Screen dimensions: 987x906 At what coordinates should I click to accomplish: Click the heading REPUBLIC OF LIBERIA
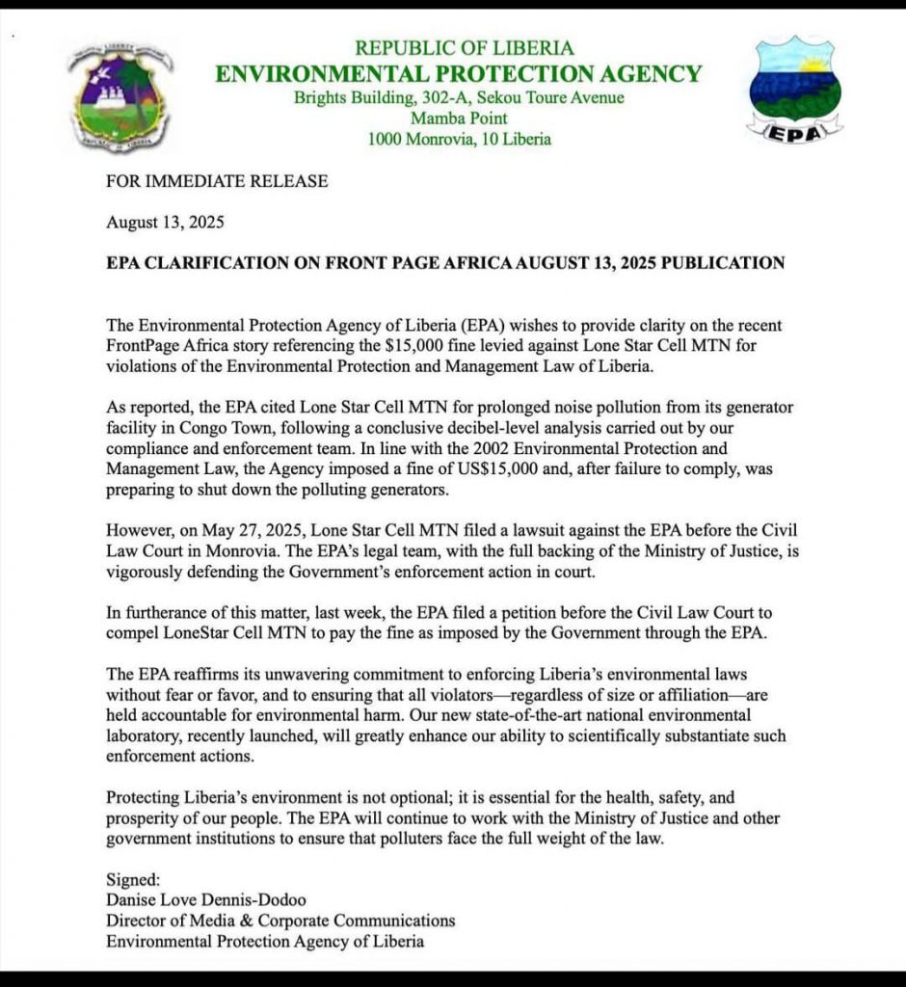click(464, 47)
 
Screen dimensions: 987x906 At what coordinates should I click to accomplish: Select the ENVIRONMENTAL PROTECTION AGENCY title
click(458, 73)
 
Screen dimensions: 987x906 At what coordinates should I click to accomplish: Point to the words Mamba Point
click(459, 119)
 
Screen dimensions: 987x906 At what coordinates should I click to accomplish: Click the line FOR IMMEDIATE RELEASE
click(217, 180)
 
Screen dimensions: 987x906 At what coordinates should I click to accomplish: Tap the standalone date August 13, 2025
click(165, 222)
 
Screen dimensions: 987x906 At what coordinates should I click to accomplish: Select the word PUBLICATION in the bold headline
click(722, 262)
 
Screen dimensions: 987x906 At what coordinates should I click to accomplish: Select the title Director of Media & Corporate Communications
click(280, 920)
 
